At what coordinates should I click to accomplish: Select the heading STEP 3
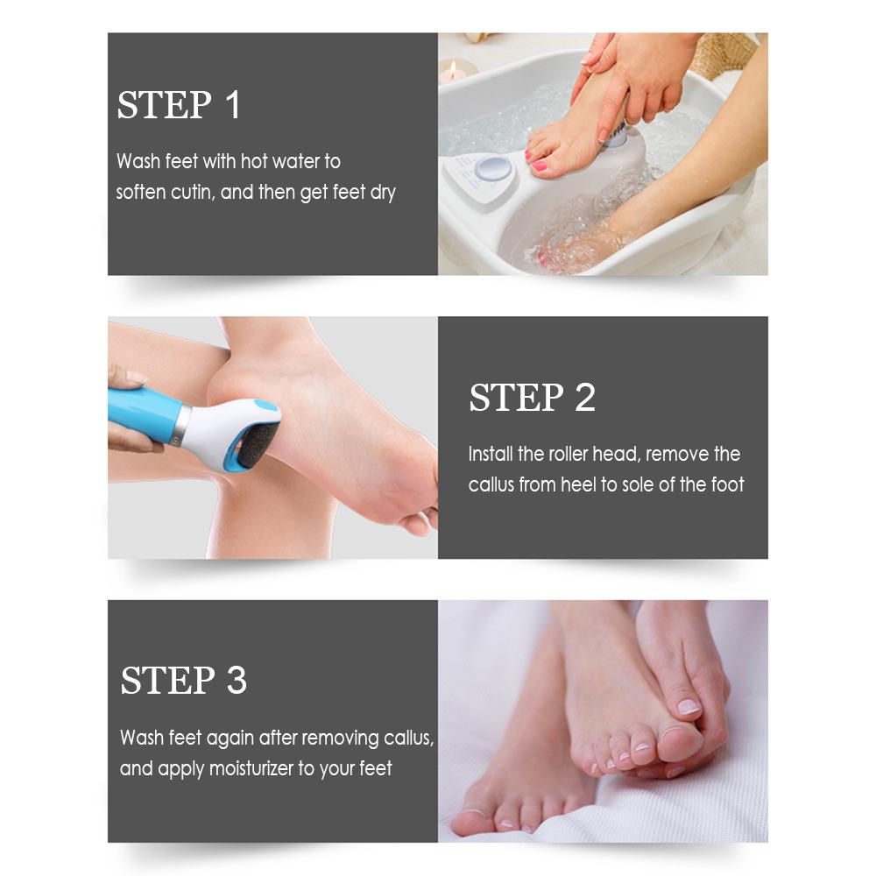point(183,680)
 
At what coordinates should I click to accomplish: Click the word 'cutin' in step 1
point(193,192)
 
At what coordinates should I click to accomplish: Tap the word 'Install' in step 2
point(491,454)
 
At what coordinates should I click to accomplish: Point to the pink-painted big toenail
point(539,166)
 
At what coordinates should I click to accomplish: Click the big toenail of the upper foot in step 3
point(689,707)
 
